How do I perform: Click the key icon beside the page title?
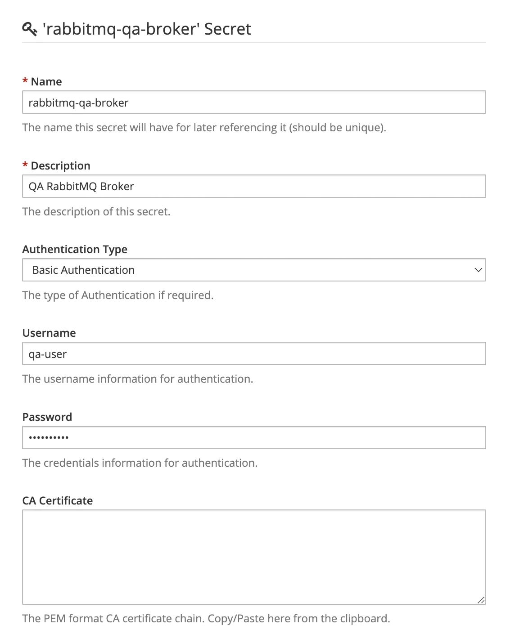29,29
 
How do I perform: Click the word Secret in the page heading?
227,29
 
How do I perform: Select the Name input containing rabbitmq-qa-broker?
254,103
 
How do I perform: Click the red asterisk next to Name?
25,81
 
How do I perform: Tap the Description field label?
60,165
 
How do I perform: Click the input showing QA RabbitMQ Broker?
254,186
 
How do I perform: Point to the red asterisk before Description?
25,165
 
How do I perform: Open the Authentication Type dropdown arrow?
478,270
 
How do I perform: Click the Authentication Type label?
75,249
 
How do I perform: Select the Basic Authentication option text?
83,270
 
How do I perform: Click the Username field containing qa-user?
254,354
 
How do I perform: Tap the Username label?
49,333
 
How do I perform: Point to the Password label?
47,417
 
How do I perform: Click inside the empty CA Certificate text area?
254,557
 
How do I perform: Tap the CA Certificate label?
58,500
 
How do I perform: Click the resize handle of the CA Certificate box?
481,600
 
